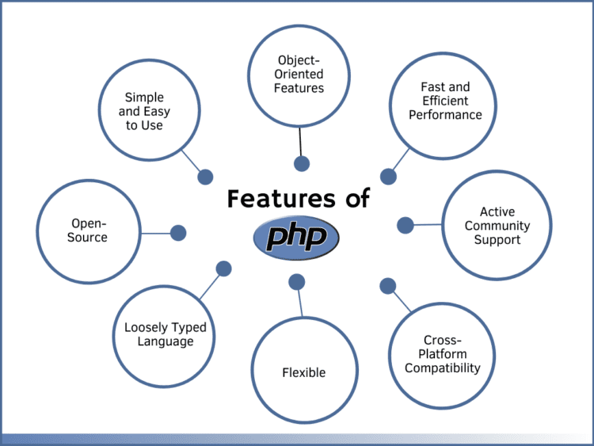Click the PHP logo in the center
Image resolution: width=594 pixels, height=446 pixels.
click(x=296, y=238)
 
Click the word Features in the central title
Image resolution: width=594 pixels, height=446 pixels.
click(x=281, y=198)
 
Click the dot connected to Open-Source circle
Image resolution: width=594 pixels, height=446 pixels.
click(x=178, y=233)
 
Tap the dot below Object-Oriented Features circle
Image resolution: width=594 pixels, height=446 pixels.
click(x=302, y=164)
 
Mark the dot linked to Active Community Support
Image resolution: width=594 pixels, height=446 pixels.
click(x=406, y=225)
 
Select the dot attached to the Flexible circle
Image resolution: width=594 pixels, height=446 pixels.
click(x=297, y=282)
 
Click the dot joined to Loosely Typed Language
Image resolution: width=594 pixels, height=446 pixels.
click(x=224, y=269)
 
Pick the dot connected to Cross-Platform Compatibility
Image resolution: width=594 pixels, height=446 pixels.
click(x=388, y=286)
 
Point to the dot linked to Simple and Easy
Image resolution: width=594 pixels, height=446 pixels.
click(x=205, y=177)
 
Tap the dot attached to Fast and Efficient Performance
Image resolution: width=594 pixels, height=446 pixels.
click(x=388, y=177)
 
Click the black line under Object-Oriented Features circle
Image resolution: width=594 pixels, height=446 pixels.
click(x=300, y=142)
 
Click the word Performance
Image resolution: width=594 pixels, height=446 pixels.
click(x=445, y=115)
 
